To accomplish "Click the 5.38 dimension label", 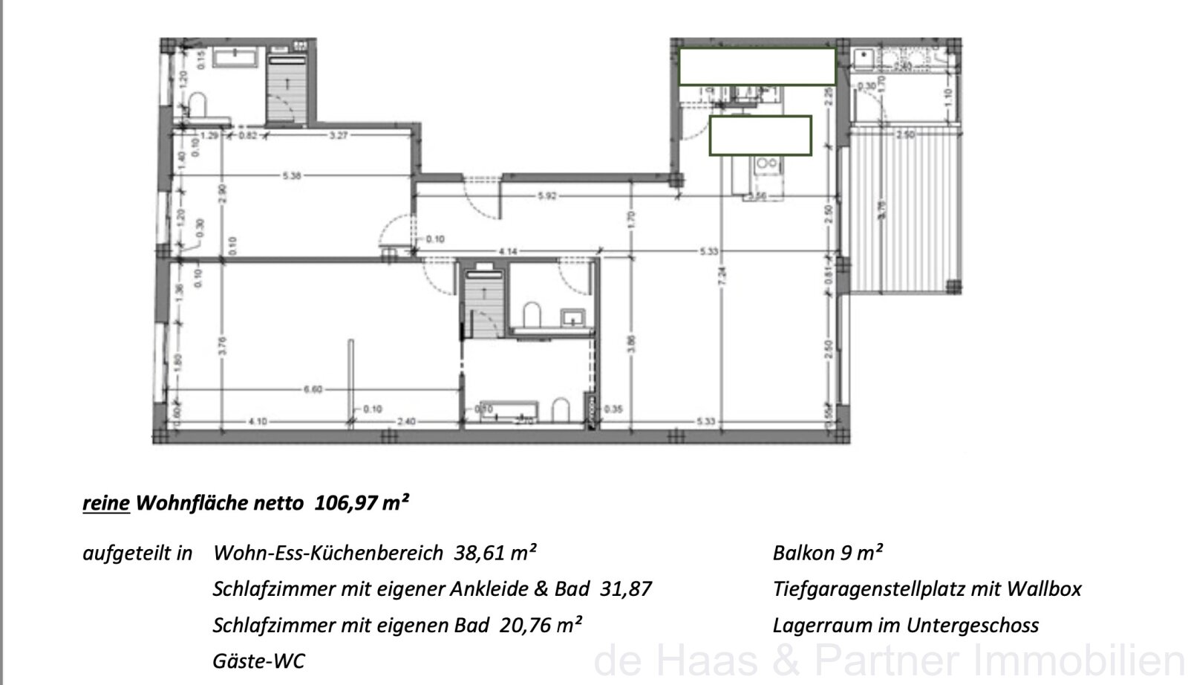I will pyautogui.click(x=292, y=176).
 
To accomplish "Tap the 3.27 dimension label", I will pyautogui.click(x=338, y=135).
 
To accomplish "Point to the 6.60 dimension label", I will pyautogui.click(x=313, y=389).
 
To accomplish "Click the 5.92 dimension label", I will pyautogui.click(x=546, y=196).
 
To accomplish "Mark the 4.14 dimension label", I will pyautogui.click(x=508, y=252).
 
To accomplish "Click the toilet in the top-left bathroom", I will pyautogui.click(x=198, y=104).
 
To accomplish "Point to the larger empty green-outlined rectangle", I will pyautogui.click(x=757, y=66).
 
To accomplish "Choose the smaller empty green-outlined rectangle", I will pyautogui.click(x=760, y=135).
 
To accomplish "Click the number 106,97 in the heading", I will pyautogui.click(x=345, y=504).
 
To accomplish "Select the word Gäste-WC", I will pyautogui.click(x=258, y=660).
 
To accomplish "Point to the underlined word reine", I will pyautogui.click(x=106, y=504).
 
